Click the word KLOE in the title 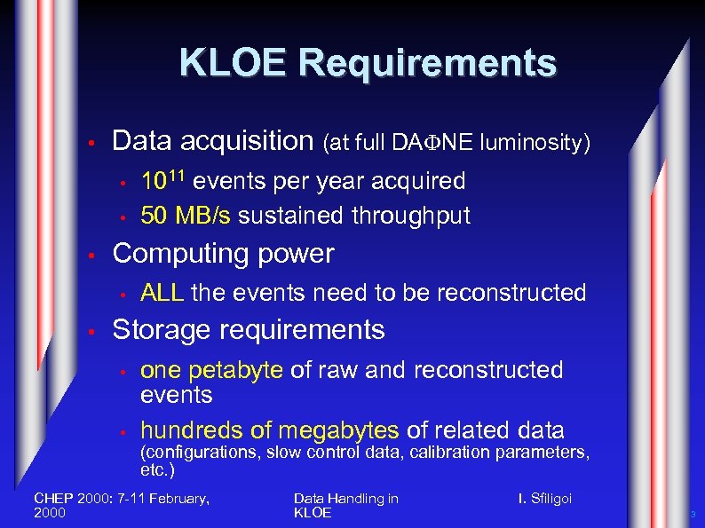click(233, 63)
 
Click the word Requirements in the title click(428, 63)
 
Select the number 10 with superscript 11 click(163, 181)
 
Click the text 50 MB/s click(186, 216)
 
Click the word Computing click(180, 254)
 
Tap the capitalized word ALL click(162, 293)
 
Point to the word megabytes click(338, 431)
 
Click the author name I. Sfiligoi click(545, 499)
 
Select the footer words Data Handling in click(345, 499)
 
